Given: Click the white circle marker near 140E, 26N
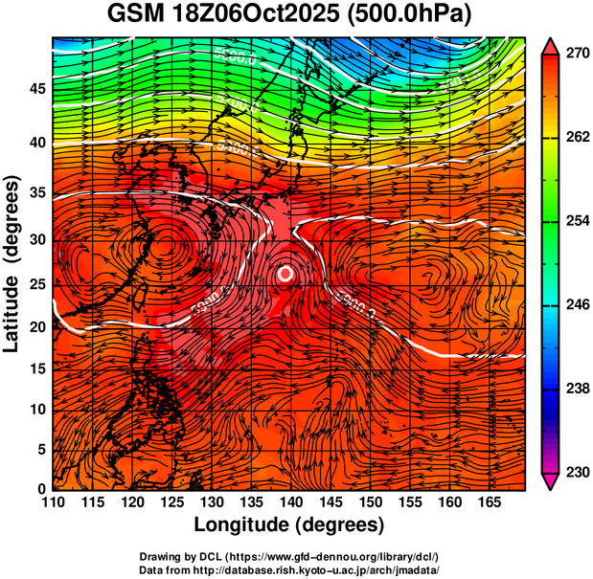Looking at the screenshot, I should pyautogui.click(x=285, y=273).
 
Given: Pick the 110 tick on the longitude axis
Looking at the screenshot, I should pyautogui.click(x=53, y=501).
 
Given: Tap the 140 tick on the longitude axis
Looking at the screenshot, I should pyautogui.click(x=289, y=501).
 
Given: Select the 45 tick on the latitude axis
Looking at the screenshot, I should pyautogui.click(x=35, y=89).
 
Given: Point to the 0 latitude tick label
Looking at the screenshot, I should pyautogui.click(x=41, y=489).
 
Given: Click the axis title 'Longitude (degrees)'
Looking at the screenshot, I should pyautogui.click(x=289, y=524).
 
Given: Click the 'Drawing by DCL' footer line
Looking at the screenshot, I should pyautogui.click(x=289, y=557).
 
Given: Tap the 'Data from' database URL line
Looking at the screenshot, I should pyautogui.click(x=289, y=569).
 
